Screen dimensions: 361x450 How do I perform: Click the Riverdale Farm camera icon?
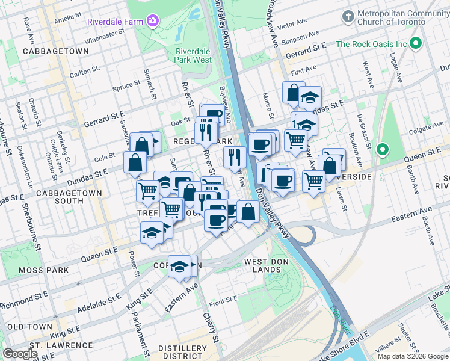(x=153, y=21)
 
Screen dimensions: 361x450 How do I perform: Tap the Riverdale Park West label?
(x=193, y=55)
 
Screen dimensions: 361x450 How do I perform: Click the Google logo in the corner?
(x=20, y=354)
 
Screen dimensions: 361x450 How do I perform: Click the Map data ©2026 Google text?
(x=412, y=356)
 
